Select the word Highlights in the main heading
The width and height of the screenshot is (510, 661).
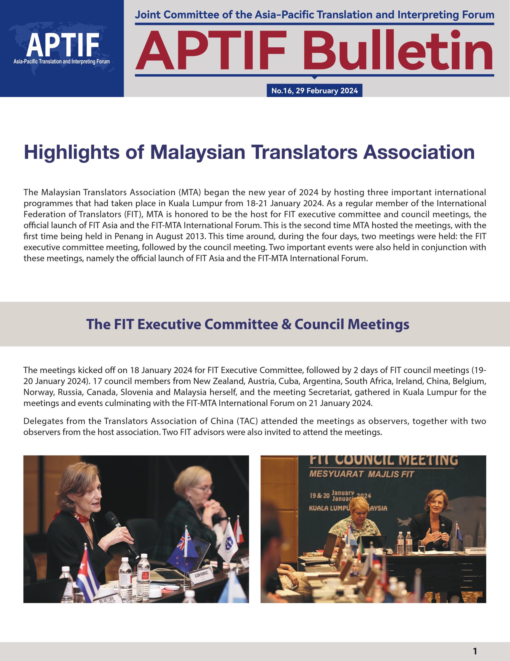(x=71, y=152)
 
